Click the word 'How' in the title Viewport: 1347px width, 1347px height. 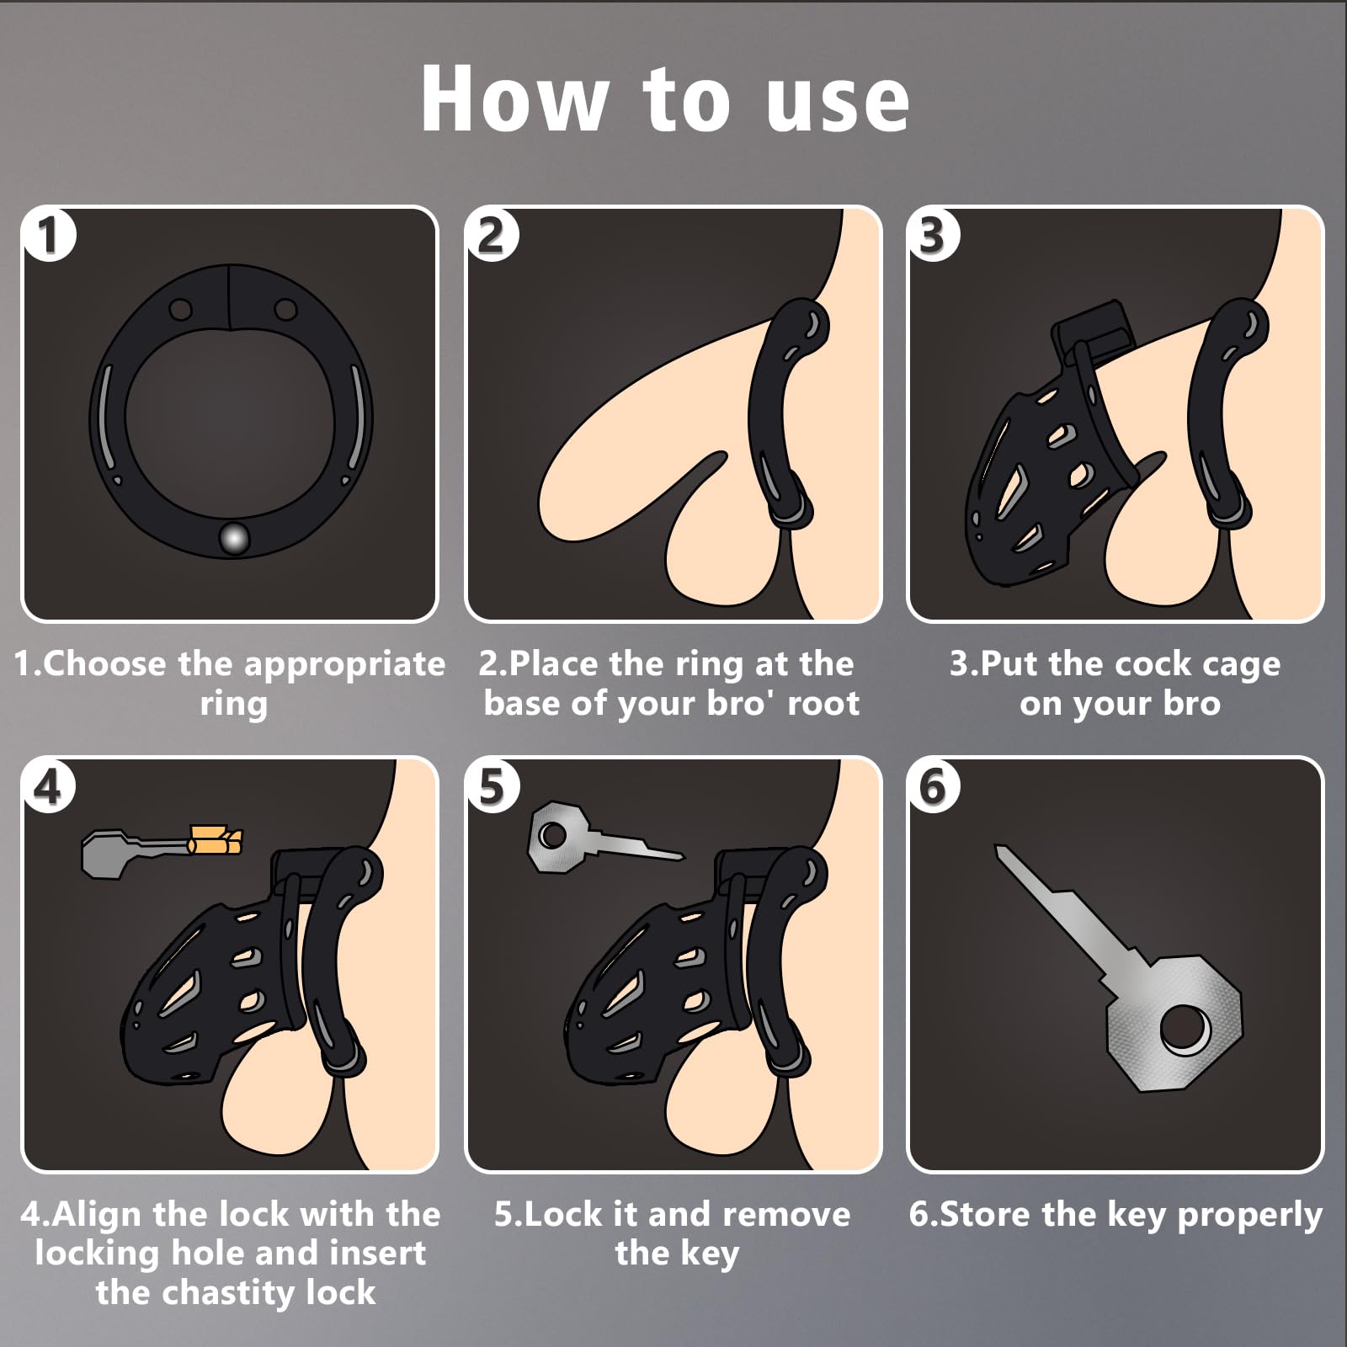coord(514,98)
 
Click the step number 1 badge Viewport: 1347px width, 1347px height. coord(49,234)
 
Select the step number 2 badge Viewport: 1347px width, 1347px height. coord(492,234)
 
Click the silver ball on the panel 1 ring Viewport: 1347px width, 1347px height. coord(233,538)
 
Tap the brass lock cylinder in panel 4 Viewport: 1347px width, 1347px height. coord(216,840)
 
